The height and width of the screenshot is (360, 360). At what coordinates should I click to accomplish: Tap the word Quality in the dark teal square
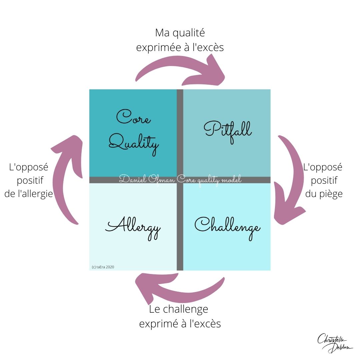click(134, 144)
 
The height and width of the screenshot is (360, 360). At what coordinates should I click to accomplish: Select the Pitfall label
click(228, 130)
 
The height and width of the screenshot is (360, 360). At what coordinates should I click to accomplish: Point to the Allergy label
click(133, 228)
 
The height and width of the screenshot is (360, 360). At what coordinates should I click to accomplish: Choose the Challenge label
click(227, 227)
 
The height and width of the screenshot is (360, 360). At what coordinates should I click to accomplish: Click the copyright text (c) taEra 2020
click(103, 267)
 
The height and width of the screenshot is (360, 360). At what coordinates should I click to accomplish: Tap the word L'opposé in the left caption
click(29, 167)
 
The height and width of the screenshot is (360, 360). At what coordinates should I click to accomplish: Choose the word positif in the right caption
click(323, 180)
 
